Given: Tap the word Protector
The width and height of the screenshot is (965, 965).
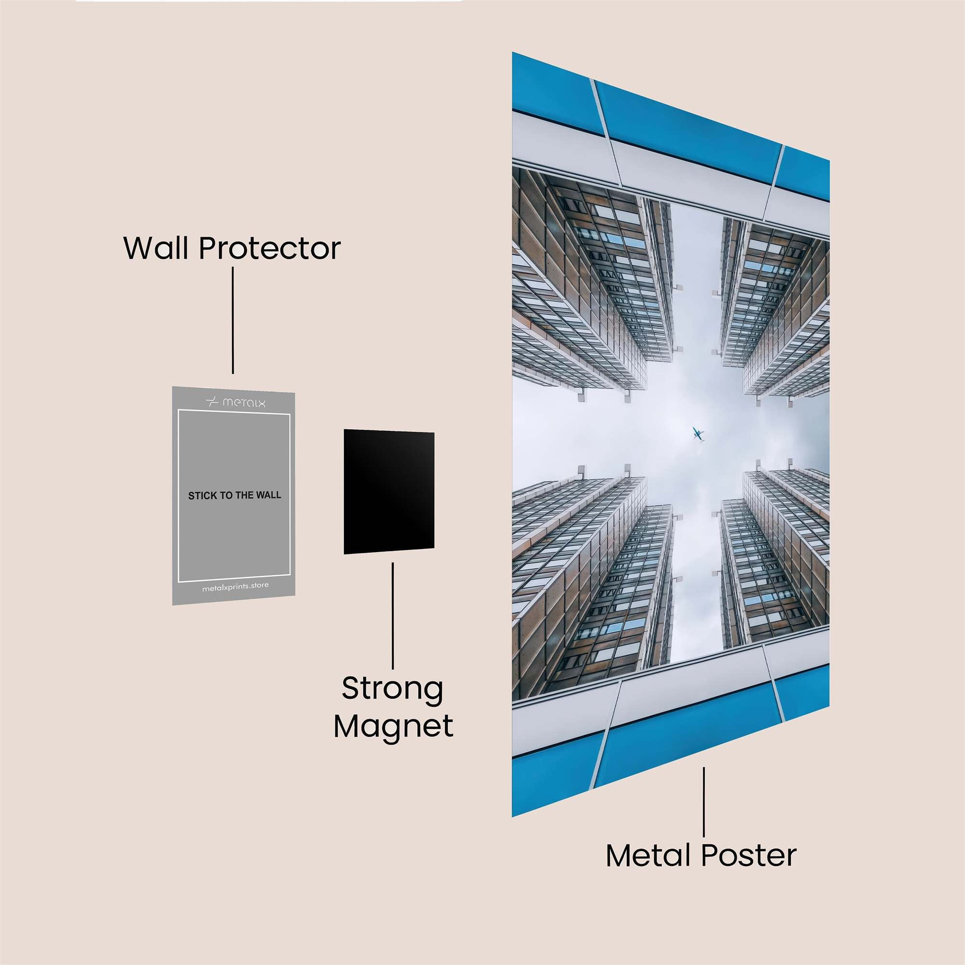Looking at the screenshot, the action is click(270, 248).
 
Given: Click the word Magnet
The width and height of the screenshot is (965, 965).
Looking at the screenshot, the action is click(393, 726).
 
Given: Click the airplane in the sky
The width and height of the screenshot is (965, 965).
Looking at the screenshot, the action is click(698, 434).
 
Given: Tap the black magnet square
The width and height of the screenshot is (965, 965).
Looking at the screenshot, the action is click(388, 492).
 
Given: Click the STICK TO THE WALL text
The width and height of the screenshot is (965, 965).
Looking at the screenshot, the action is click(234, 496).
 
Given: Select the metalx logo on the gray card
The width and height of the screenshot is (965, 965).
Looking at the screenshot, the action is click(236, 401).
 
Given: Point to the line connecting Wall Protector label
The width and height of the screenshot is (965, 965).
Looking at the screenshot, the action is click(233, 320).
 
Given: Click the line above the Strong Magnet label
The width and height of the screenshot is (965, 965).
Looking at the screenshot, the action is click(393, 616).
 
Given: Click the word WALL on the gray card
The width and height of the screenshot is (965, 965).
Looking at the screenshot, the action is click(269, 495).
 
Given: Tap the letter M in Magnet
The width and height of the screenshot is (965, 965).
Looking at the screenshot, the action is click(347, 726).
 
